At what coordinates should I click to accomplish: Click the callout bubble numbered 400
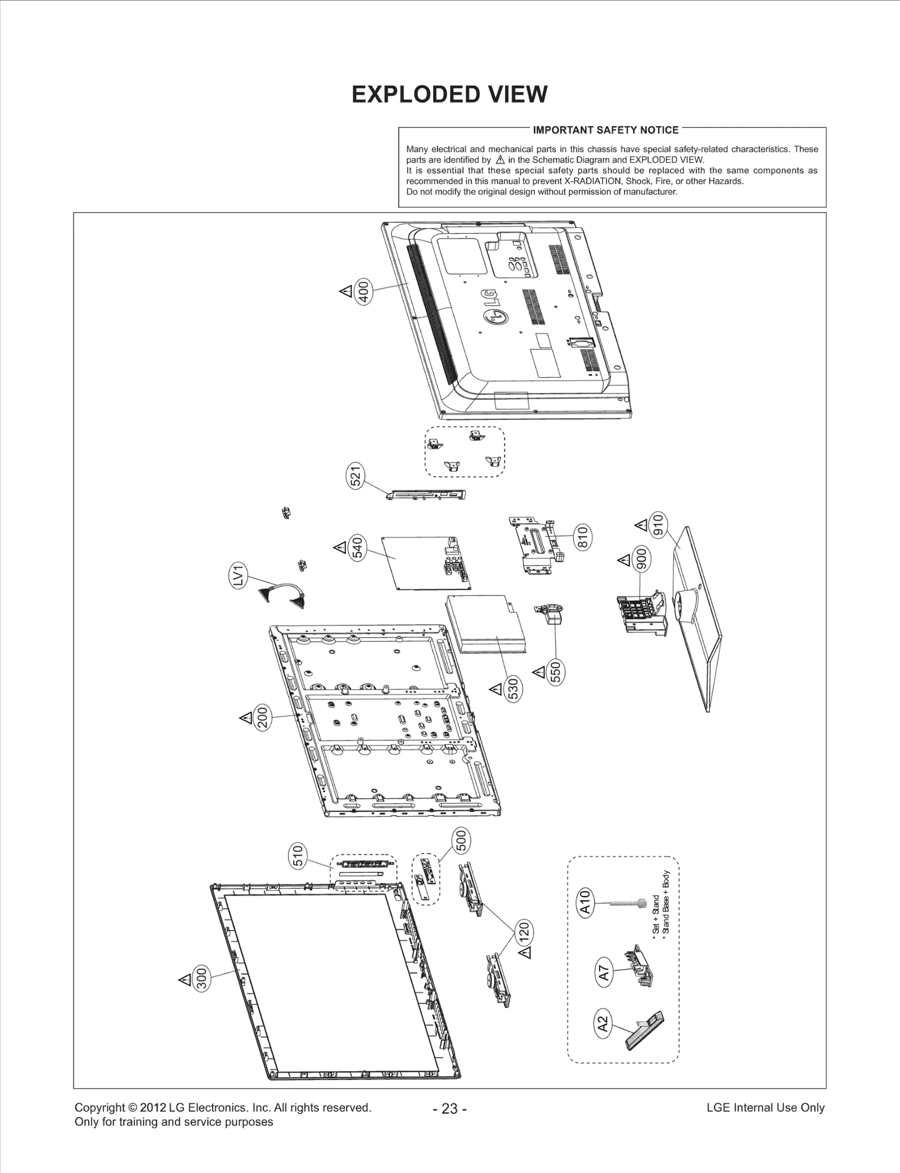pyautogui.click(x=364, y=292)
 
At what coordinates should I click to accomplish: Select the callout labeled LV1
pyautogui.click(x=240, y=576)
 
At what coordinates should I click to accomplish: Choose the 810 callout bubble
pyautogui.click(x=582, y=536)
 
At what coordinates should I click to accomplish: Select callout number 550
pyautogui.click(x=556, y=673)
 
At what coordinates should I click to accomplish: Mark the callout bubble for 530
pyautogui.click(x=513, y=690)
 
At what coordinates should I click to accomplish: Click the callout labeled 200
pyautogui.click(x=263, y=718)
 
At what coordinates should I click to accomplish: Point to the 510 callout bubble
pyautogui.click(x=298, y=855)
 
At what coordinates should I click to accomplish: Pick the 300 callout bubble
pyautogui.click(x=201, y=978)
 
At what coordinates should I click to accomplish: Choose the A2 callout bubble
pyautogui.click(x=602, y=1024)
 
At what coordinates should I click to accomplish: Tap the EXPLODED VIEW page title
pyautogui.click(x=449, y=95)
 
